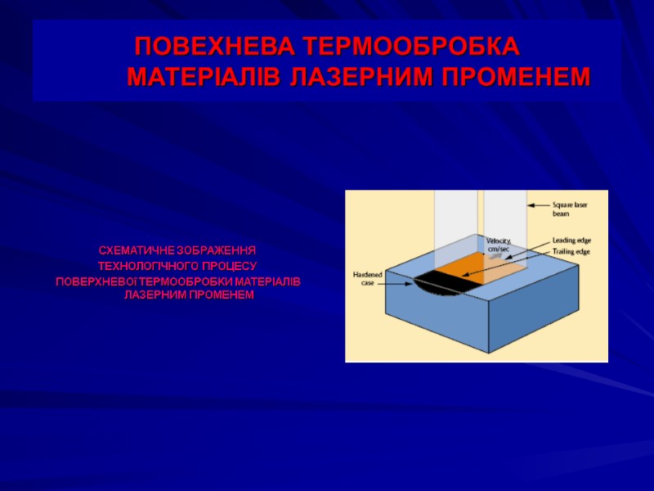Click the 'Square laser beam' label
[x=570, y=208]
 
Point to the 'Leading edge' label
[x=571, y=240]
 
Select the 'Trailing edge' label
[x=571, y=251]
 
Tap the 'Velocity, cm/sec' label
[x=498, y=244]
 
